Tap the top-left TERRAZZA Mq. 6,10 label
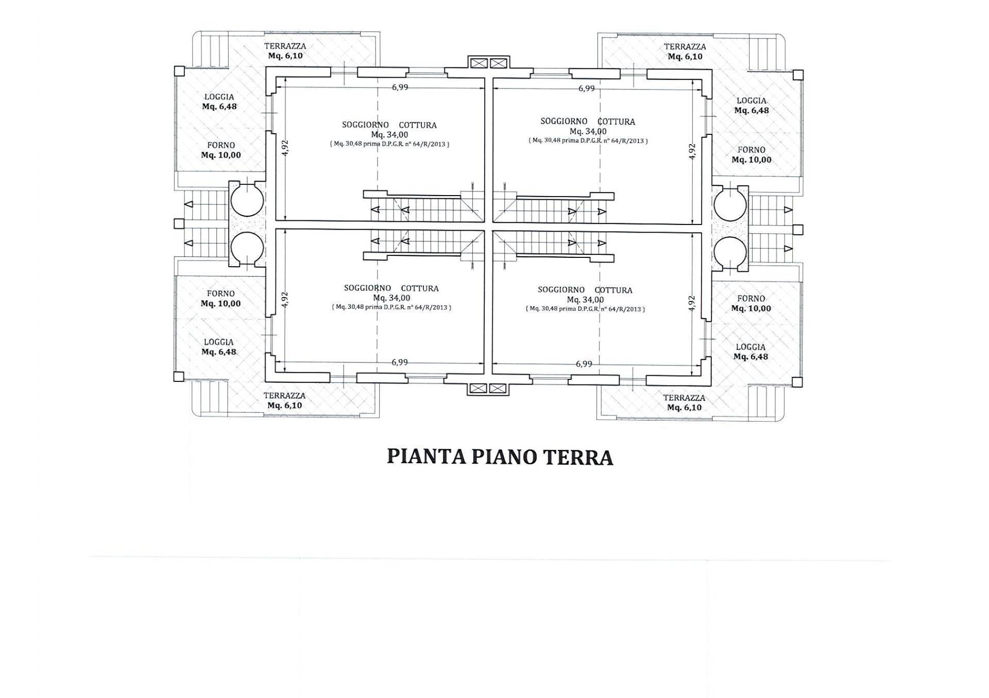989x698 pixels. [x=285, y=51]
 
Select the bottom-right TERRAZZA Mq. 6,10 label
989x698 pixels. [x=684, y=403]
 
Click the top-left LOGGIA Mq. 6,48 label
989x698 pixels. [x=219, y=101]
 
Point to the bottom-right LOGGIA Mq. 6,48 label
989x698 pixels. [x=751, y=352]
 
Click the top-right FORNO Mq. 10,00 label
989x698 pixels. [x=752, y=154]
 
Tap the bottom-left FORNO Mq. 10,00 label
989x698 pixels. [x=220, y=299]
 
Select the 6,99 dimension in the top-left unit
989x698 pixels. [x=400, y=87]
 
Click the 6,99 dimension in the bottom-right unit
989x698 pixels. [x=584, y=364]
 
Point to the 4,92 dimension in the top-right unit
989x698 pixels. [x=692, y=151]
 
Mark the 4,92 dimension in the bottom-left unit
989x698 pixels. [x=285, y=300]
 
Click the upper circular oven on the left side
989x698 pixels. [x=247, y=201]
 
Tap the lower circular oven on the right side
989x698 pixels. [x=730, y=253]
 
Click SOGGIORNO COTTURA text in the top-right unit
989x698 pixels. [x=587, y=121]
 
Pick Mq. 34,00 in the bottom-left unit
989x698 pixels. [x=391, y=298]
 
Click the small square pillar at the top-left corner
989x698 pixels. [x=179, y=71]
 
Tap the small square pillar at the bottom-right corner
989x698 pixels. [x=797, y=382]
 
